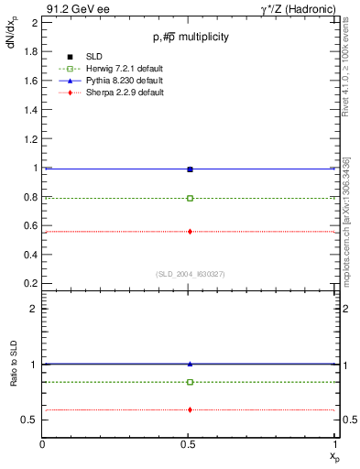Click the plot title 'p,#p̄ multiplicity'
coord(190,37)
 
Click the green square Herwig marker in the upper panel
coord(190,198)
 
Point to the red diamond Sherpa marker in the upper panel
coord(190,232)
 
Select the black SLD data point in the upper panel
coord(190,169)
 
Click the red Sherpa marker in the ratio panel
coord(190,409)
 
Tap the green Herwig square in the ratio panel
coord(190,382)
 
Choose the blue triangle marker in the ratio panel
coord(190,364)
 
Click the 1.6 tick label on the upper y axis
coord(29,81)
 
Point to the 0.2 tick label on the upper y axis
coord(29,284)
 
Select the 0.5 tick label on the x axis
coord(190,444)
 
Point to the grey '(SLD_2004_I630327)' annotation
coord(190,274)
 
